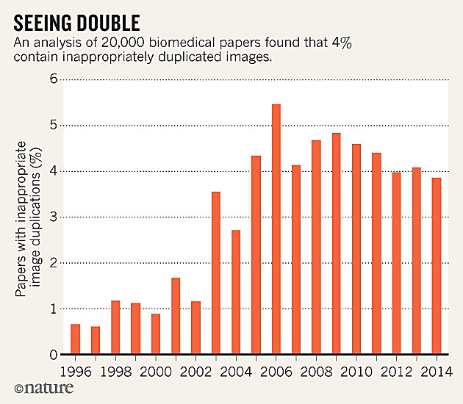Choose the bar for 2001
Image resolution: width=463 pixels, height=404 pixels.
click(176, 316)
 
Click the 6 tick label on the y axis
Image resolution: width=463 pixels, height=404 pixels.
click(53, 79)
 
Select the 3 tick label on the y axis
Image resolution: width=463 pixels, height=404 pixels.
click(53, 217)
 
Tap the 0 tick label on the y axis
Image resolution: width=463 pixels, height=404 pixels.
click(53, 355)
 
